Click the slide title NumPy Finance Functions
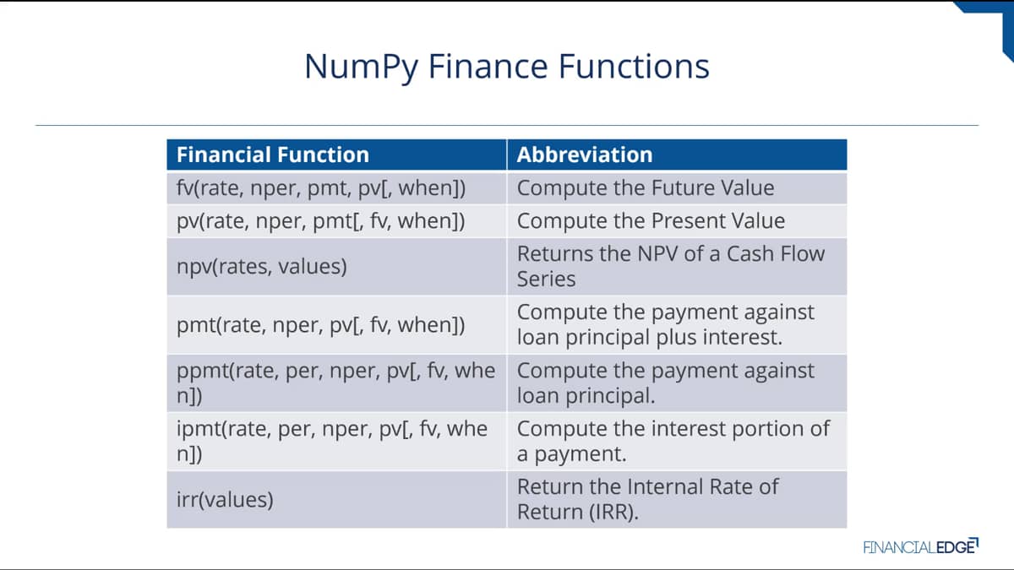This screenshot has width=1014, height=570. click(506, 67)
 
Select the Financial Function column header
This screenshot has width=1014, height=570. click(336, 155)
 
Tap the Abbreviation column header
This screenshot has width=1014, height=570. click(677, 155)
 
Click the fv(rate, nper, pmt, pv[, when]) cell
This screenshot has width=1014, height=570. click(336, 188)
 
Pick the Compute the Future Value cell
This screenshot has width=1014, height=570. click(677, 188)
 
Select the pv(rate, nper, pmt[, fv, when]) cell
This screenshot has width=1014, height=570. click(336, 221)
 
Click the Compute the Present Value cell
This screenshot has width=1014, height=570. click(677, 221)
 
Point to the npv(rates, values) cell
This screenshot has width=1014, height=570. click(336, 267)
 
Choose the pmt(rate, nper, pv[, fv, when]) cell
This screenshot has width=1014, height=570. click(336, 325)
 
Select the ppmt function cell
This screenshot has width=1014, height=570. click(336, 383)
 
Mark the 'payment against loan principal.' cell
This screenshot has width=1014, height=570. click(677, 383)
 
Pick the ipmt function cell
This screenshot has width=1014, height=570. click(336, 441)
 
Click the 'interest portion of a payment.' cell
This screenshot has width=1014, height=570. click(677, 441)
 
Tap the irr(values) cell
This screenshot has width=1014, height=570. click(336, 499)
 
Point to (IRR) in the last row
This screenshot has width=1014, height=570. click(613, 513)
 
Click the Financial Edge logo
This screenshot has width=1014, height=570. click(921, 547)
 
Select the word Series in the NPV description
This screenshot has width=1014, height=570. click(546, 280)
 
